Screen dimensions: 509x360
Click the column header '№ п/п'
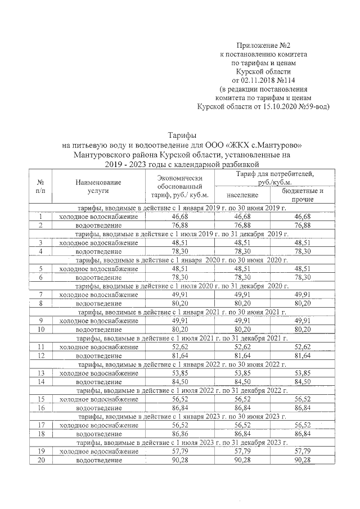tap(40, 187)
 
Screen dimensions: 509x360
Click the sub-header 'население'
tap(243, 195)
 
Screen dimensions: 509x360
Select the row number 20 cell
tap(40, 460)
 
